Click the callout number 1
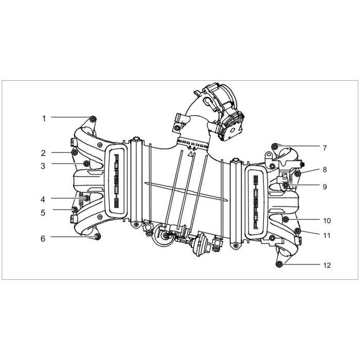pyautogui.click(x=44, y=119)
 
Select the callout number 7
pyautogui.click(x=325, y=148)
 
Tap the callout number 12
pyautogui.click(x=327, y=265)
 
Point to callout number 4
pyautogui.click(x=43, y=200)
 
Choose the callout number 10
pyautogui.click(x=327, y=221)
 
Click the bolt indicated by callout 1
pyautogui.click(x=93, y=119)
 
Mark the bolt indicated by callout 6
pyautogui.click(x=98, y=237)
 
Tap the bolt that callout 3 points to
pyautogui.click(x=86, y=164)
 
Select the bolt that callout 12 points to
pyautogui.click(x=279, y=264)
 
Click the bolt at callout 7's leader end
pyautogui.click(x=274, y=146)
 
